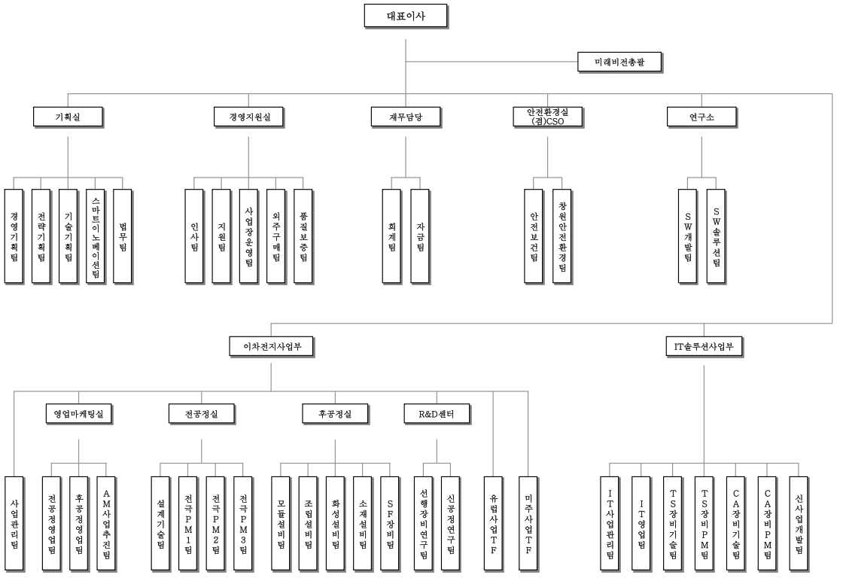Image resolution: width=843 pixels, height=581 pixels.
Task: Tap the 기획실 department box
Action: point(68,117)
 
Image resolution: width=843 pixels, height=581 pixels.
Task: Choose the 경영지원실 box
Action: point(248,117)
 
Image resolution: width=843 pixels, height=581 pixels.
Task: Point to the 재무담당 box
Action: point(405,117)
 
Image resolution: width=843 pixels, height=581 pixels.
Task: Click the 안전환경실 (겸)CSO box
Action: point(547,117)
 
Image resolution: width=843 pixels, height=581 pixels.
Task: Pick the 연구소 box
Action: point(701,117)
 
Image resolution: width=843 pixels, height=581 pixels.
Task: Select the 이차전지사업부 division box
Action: point(271,346)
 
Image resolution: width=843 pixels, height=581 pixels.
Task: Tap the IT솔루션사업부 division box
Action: point(704,346)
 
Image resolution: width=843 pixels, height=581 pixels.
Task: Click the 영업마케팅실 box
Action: point(78,413)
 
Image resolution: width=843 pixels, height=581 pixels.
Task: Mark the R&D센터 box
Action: point(437,413)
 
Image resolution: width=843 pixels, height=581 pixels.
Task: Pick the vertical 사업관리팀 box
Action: point(15,523)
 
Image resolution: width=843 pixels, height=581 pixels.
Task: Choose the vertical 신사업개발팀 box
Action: point(799,523)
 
